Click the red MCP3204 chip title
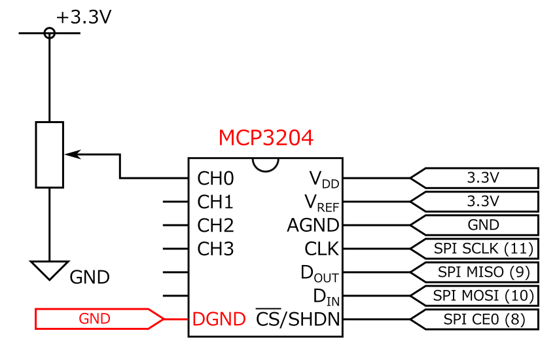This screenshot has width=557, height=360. pos(266,138)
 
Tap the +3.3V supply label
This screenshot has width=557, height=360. pos(84,17)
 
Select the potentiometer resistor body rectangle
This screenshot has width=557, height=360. pos(49,154)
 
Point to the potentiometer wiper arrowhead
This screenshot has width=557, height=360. pos(73,154)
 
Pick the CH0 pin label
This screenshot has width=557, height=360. pos(215,179)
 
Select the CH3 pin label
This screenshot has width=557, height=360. pos(215,249)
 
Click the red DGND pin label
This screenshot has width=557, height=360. pos(219,319)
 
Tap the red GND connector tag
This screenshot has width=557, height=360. pos(99,319)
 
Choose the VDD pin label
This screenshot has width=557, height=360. pos(323,179)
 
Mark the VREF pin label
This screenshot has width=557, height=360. pos(321,203)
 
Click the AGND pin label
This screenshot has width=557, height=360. pos(313,225)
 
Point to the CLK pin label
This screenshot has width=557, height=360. pos(321,249)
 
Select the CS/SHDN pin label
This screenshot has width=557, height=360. pos(298,318)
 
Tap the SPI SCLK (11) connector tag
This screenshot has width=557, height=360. pos(475,249)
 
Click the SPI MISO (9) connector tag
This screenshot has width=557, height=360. pos(475,272)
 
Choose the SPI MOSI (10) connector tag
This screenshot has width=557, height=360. pos(475,296)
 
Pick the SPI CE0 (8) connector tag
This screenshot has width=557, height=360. pos(475,319)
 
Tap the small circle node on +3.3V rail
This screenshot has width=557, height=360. pos(49,33)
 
